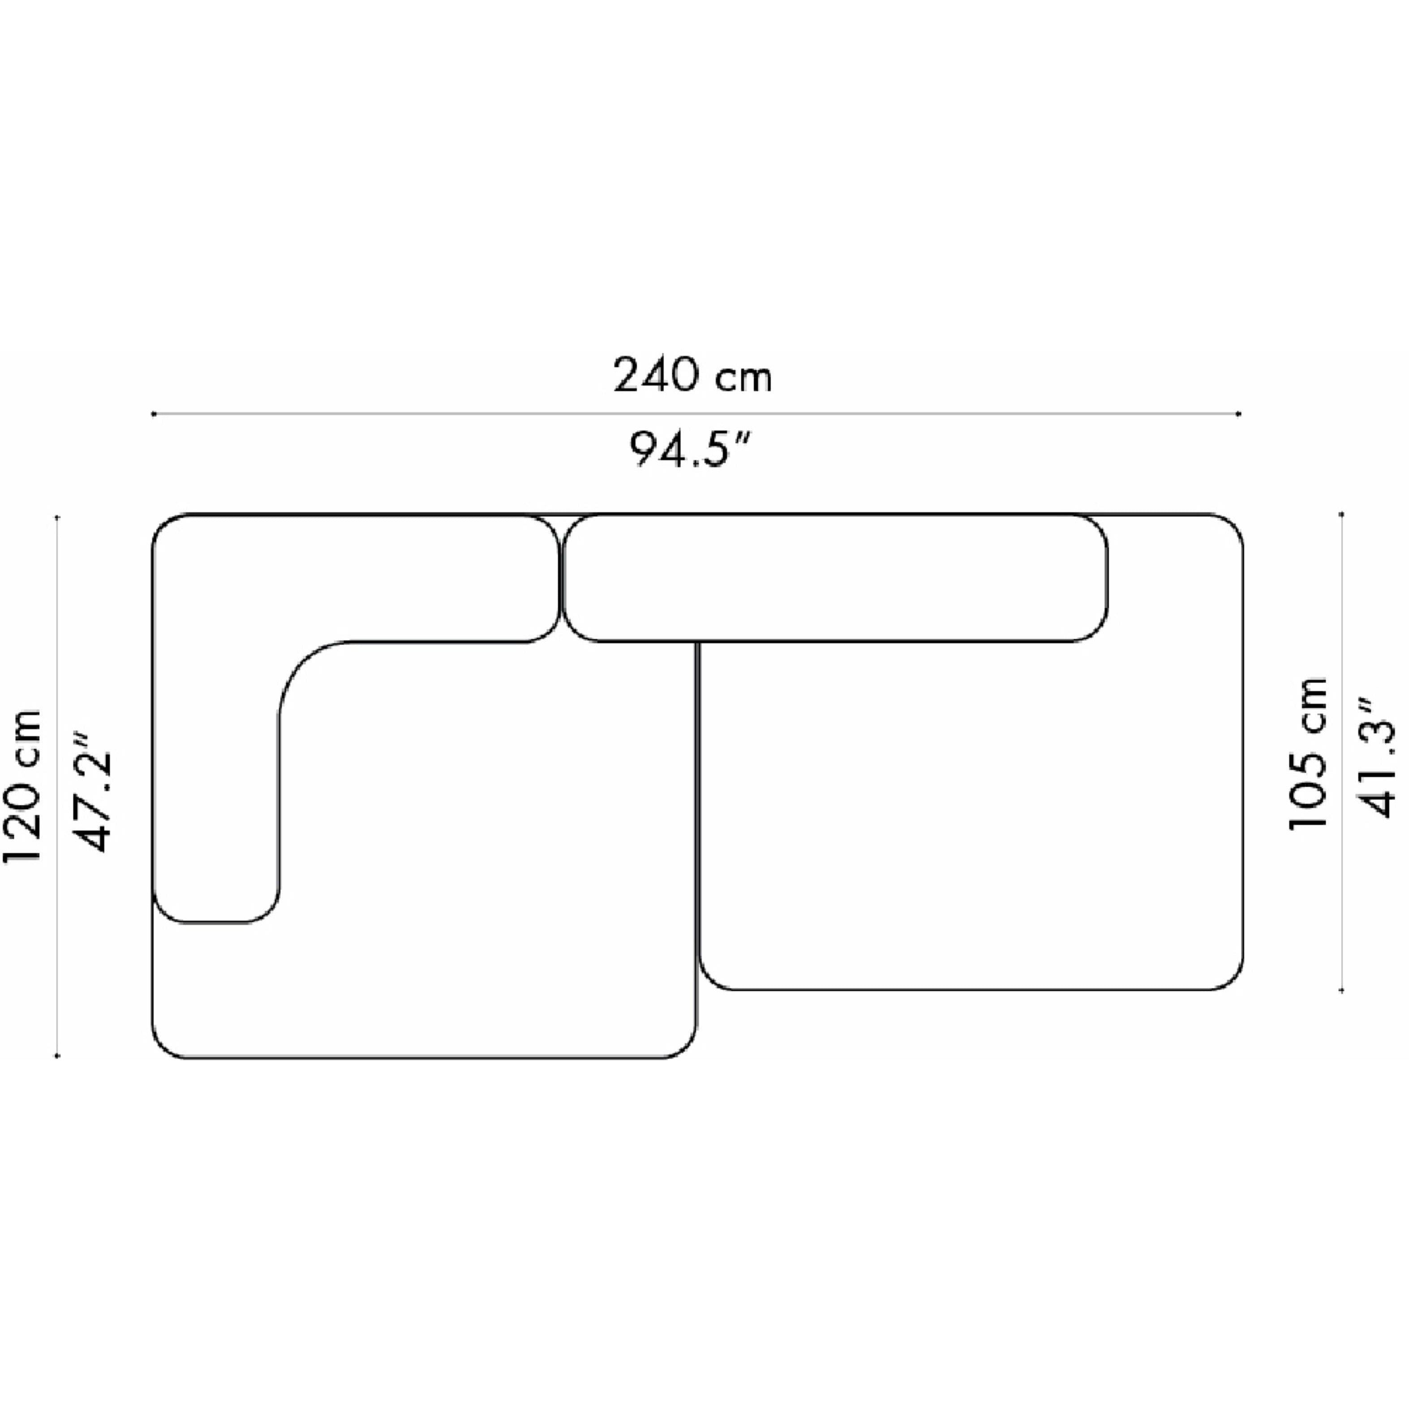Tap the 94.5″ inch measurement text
point(689,448)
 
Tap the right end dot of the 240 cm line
point(1239,414)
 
